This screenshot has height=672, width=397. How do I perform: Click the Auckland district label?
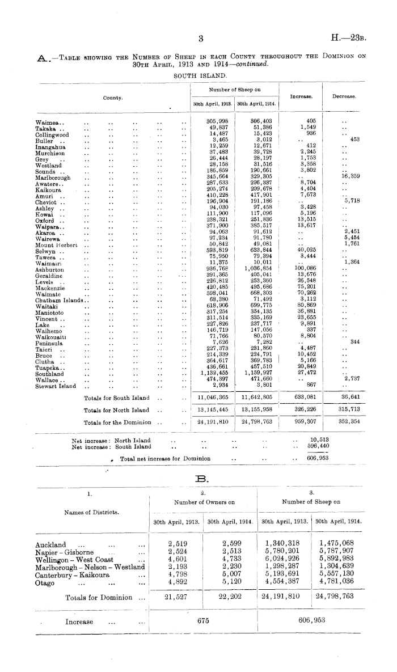[x=50, y=543]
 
